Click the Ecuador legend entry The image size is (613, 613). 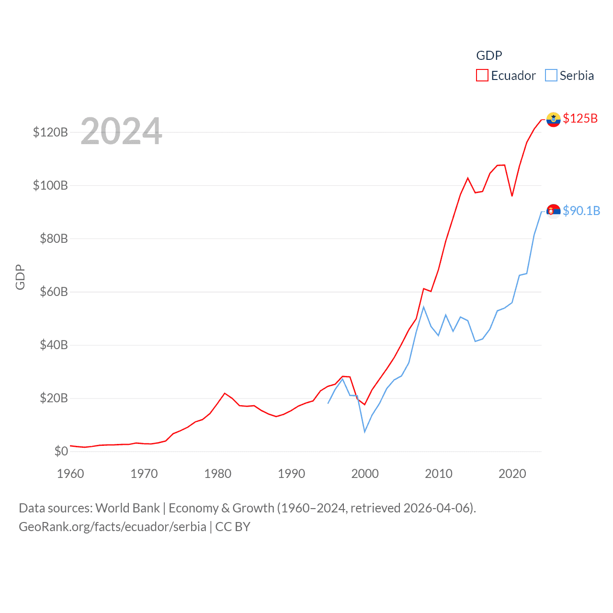[x=506, y=76]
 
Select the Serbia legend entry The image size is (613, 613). [x=570, y=76]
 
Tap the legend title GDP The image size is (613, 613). [x=489, y=56]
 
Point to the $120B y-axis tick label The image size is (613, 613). [x=50, y=132]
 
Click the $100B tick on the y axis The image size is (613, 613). [x=50, y=185]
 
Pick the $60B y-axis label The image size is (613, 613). [x=54, y=292]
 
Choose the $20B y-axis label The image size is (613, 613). [x=54, y=398]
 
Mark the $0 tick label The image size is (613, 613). [x=61, y=451]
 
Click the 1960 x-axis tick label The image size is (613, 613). [x=70, y=474]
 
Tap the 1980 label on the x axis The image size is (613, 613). [x=217, y=474]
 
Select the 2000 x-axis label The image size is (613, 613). [x=365, y=474]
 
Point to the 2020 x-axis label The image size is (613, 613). [x=512, y=474]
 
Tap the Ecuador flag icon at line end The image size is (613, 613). [x=553, y=119]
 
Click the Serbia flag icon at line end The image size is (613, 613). [x=553, y=211]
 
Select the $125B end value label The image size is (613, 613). [x=580, y=118]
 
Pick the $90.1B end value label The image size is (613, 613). [x=581, y=211]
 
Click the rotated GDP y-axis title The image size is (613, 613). [x=20, y=277]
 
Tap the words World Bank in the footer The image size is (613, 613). [x=127, y=508]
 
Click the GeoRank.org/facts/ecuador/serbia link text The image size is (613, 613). [x=113, y=527]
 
